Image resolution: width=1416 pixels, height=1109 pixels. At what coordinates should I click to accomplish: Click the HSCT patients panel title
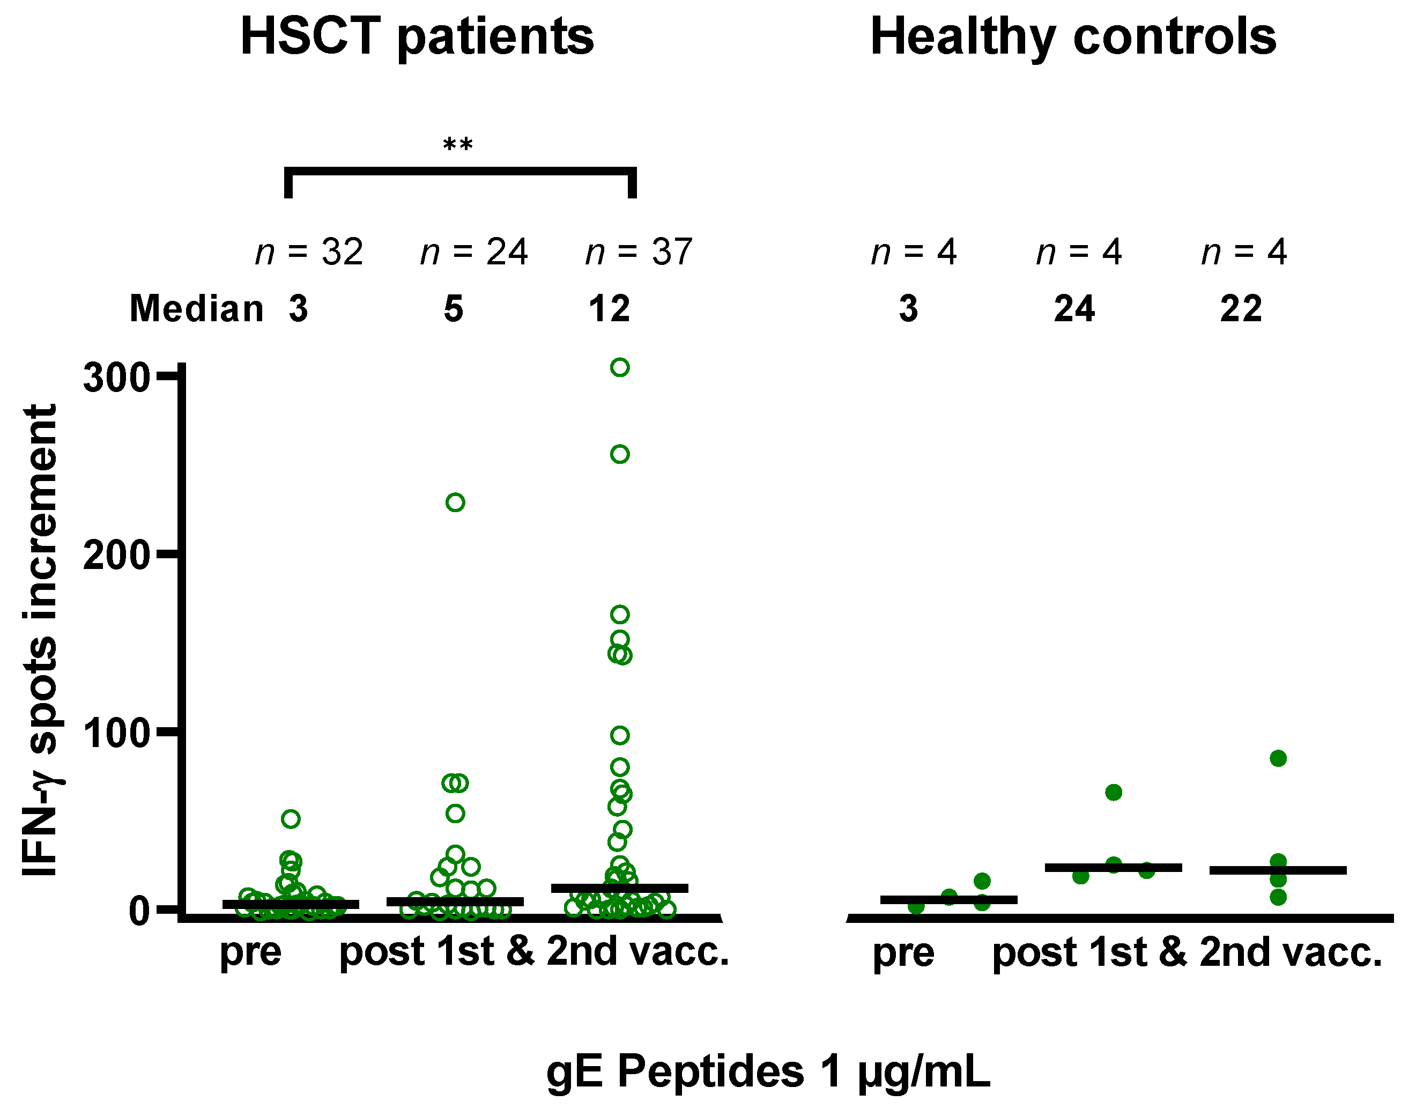point(417,37)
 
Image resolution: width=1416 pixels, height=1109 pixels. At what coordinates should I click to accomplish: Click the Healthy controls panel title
point(1073,37)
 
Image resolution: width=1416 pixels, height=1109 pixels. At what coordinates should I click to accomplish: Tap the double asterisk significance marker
point(458,144)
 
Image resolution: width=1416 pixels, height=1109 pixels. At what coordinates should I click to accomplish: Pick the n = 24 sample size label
point(474,252)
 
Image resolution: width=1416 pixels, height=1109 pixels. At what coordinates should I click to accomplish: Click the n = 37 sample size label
point(639,252)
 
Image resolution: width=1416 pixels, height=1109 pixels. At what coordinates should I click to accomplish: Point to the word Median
point(197,308)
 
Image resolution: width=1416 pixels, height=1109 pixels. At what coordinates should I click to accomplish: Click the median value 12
point(609,309)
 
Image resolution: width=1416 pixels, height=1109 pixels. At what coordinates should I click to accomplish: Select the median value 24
point(1074,309)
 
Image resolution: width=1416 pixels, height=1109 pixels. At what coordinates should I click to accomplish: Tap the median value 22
point(1241,309)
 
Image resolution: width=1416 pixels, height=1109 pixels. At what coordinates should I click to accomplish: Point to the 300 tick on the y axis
point(117,377)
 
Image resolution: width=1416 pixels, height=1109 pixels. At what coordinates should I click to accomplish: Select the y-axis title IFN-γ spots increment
point(40,640)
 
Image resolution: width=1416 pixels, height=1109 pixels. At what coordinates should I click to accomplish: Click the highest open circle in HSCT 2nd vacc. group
point(620,367)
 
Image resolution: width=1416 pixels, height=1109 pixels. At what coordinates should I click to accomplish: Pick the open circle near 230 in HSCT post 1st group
point(455,502)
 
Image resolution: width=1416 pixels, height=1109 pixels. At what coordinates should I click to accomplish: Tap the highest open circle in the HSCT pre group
point(291,819)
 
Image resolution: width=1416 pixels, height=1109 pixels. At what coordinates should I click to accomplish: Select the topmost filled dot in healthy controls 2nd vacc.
point(1278,758)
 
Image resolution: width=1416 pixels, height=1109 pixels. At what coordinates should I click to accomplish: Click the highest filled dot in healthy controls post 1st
point(1114,792)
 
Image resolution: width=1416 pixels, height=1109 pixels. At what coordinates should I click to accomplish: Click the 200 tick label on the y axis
point(117,555)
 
